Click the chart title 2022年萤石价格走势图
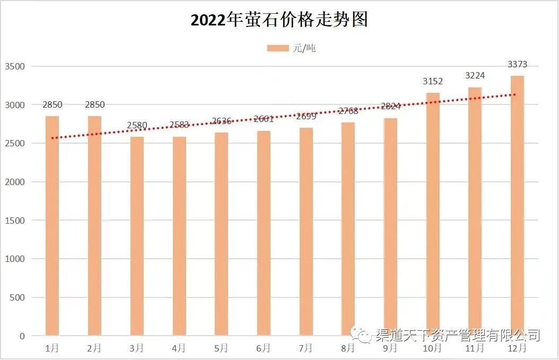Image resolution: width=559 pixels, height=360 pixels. (279, 20)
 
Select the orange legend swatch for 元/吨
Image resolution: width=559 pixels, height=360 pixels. (277, 48)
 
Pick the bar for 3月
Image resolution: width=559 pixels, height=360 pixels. (137, 236)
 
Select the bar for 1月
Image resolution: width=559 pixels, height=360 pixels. (52, 226)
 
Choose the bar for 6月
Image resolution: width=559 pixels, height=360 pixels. (264, 233)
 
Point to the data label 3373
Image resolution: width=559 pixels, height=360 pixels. (517, 64)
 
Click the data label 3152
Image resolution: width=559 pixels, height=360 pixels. (433, 81)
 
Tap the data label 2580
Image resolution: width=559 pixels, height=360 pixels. (137, 126)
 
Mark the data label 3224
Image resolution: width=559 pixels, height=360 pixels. (475, 76)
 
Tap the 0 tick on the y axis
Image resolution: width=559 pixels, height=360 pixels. (22, 336)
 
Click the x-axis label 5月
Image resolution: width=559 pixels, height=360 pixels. (221, 348)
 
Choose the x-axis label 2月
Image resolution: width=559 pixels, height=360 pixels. (94, 348)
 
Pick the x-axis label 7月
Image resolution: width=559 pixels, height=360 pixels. (306, 348)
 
